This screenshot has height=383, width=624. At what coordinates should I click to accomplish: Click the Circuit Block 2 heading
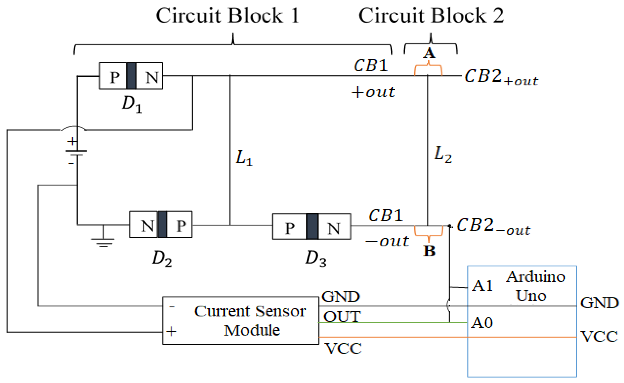431,16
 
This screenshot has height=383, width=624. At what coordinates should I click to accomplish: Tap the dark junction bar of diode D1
131,76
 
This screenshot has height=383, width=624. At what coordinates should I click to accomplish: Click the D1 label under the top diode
132,104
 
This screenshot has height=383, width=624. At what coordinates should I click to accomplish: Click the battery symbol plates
76,153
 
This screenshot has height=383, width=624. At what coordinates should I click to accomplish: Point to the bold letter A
429,54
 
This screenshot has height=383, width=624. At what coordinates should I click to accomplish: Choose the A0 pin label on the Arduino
482,323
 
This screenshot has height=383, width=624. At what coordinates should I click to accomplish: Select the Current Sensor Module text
250,320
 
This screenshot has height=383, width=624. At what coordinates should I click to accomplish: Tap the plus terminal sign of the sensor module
171,332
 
